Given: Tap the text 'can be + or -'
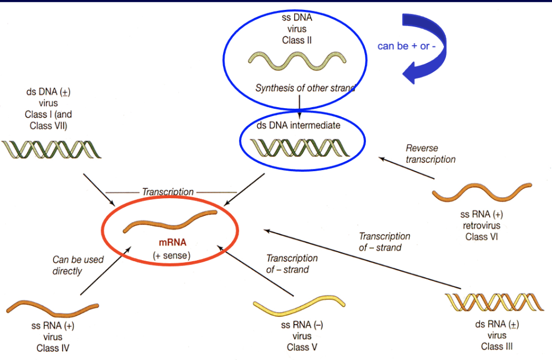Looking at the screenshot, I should tap(406, 46).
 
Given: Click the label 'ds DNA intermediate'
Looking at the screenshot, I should tap(298, 125).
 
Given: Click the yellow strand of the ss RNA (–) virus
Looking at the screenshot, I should tap(299, 306).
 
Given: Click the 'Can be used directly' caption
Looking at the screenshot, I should tap(78, 265).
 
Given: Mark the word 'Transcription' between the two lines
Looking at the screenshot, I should tap(168, 192).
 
